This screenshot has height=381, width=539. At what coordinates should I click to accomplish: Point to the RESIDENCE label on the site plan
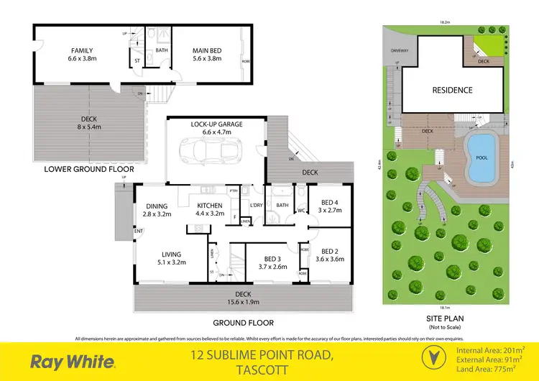pos(452,90)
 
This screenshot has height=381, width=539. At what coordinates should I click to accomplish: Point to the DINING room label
pos(155,207)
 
